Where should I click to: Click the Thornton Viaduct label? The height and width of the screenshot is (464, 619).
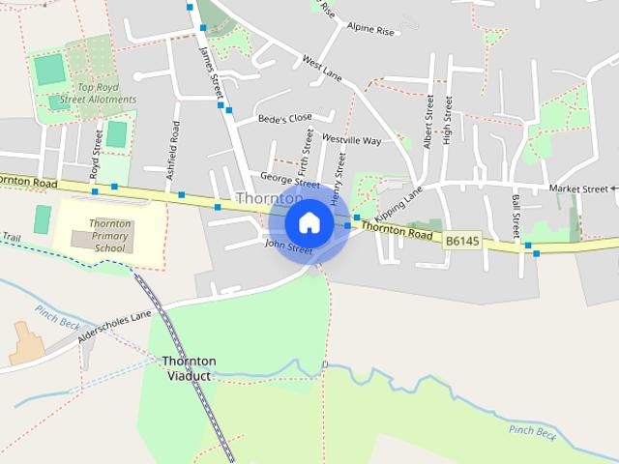pos(189,368)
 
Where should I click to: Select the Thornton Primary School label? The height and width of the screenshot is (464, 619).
pos(109,236)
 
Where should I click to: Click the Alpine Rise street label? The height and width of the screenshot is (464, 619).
pos(371,31)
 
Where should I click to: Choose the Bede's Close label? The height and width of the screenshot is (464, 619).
pos(285,119)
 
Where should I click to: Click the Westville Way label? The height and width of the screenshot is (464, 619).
pos(351,140)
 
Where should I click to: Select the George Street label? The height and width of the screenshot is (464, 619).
pos(289,180)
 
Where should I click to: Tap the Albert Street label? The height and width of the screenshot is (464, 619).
pos(427,121)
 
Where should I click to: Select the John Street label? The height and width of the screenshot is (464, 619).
pos(288,248)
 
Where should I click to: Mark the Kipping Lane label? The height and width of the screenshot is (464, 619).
pos(399,202)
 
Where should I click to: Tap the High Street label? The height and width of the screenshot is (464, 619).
pos(447,121)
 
